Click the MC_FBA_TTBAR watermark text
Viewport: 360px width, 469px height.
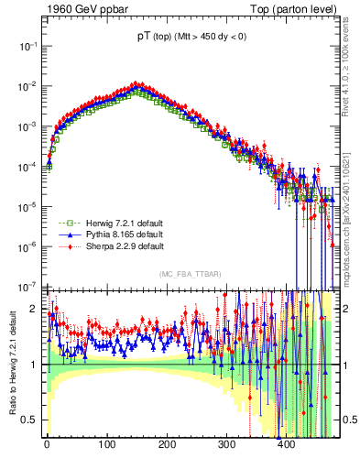190,275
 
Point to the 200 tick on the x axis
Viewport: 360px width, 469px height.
168,444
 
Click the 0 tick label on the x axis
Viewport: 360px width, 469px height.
47,444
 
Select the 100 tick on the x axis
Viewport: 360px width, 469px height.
107,444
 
